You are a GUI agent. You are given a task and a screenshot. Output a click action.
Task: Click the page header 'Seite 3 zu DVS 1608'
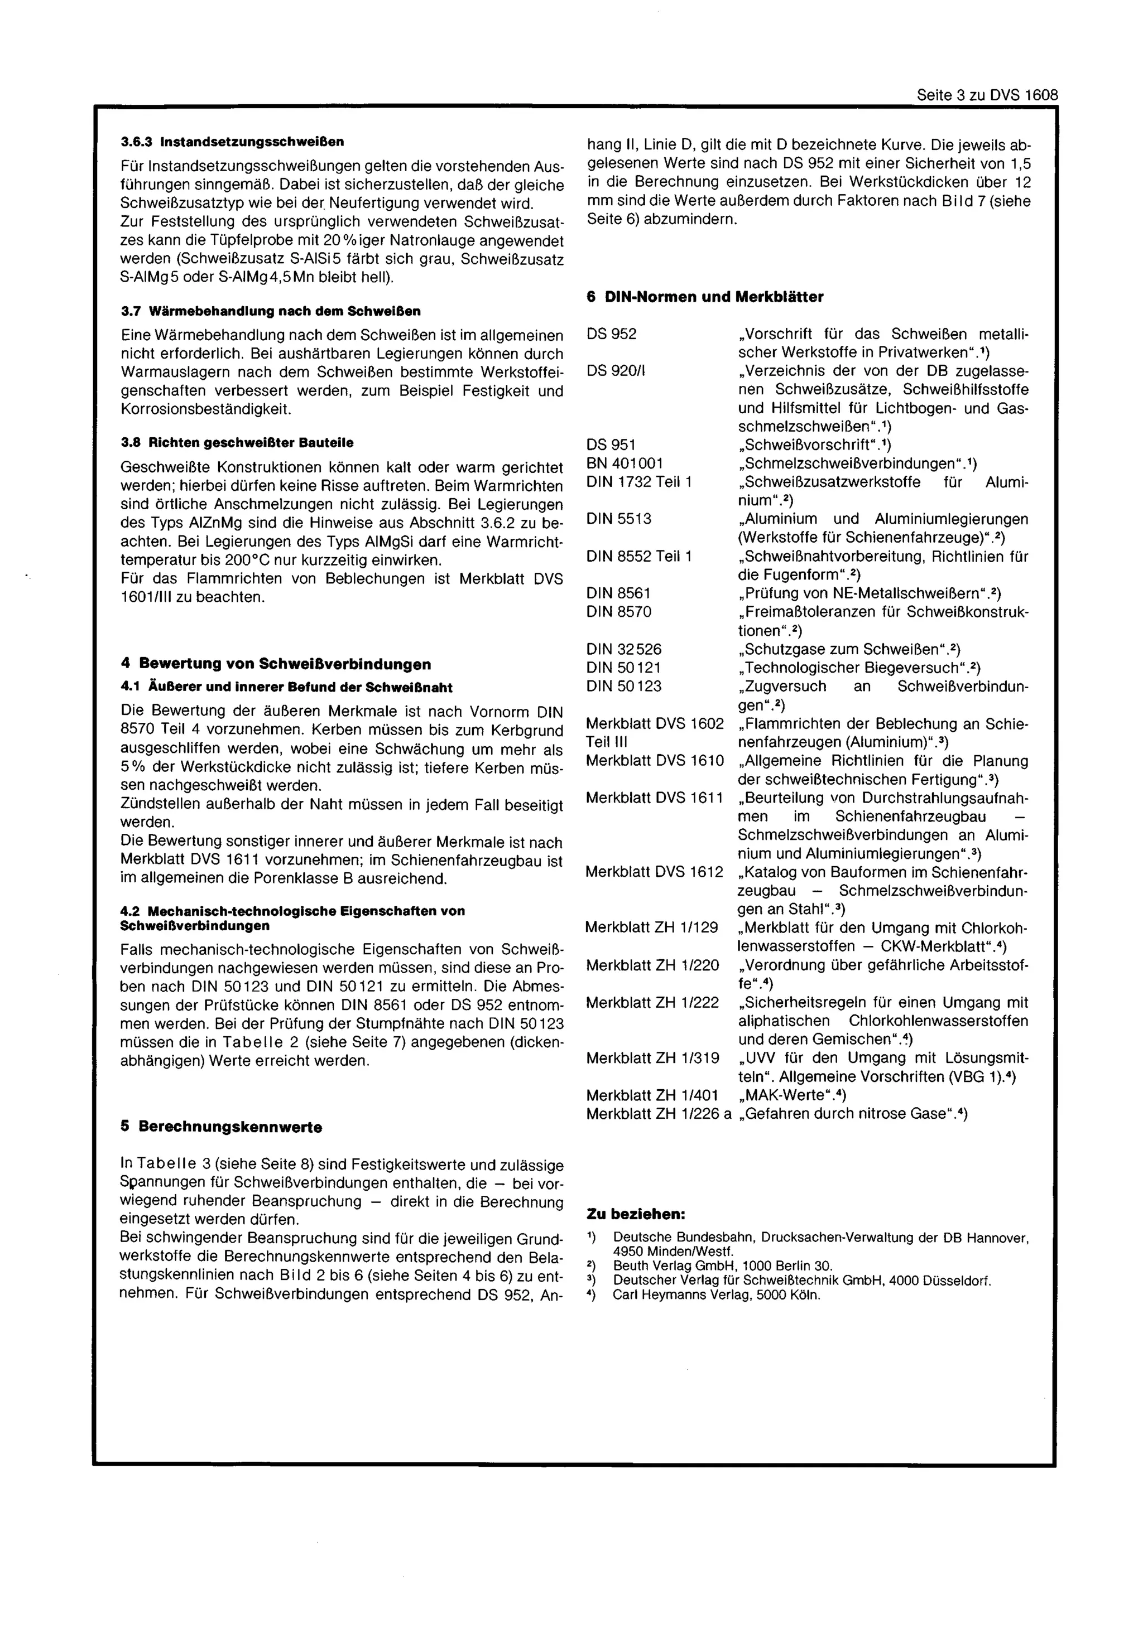[986, 95]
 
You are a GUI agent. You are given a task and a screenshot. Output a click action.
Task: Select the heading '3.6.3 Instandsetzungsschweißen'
[232, 142]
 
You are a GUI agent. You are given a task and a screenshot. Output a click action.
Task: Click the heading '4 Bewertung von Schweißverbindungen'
[276, 664]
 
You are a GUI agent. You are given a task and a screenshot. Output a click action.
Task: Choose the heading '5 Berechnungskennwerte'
[222, 1127]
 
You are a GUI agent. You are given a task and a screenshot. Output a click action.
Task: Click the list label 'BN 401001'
[625, 463]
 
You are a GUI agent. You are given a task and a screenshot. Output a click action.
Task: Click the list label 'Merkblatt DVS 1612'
[654, 872]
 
